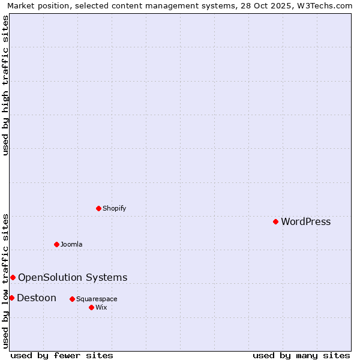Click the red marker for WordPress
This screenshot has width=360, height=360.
click(275, 221)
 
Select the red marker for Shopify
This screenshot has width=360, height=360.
click(98, 208)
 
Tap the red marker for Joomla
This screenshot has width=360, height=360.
click(56, 244)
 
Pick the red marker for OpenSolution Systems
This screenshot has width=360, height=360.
click(13, 277)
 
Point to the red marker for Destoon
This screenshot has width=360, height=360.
click(11, 298)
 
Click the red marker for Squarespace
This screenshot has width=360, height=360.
click(72, 299)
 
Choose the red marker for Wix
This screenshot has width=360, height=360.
click(91, 307)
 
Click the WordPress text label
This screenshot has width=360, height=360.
click(305, 221)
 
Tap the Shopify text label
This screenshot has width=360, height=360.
click(114, 208)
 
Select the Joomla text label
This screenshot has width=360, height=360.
click(71, 244)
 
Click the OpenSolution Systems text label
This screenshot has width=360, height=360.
click(73, 277)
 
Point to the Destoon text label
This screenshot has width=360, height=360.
click(37, 298)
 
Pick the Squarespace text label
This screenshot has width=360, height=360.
click(97, 299)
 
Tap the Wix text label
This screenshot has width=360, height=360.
click(101, 307)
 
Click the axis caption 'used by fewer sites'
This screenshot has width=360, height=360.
click(62, 355)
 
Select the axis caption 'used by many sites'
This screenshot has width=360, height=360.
click(301, 355)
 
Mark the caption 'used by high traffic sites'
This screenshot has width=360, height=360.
click(5, 85)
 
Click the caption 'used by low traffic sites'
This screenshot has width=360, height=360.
click(5, 280)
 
